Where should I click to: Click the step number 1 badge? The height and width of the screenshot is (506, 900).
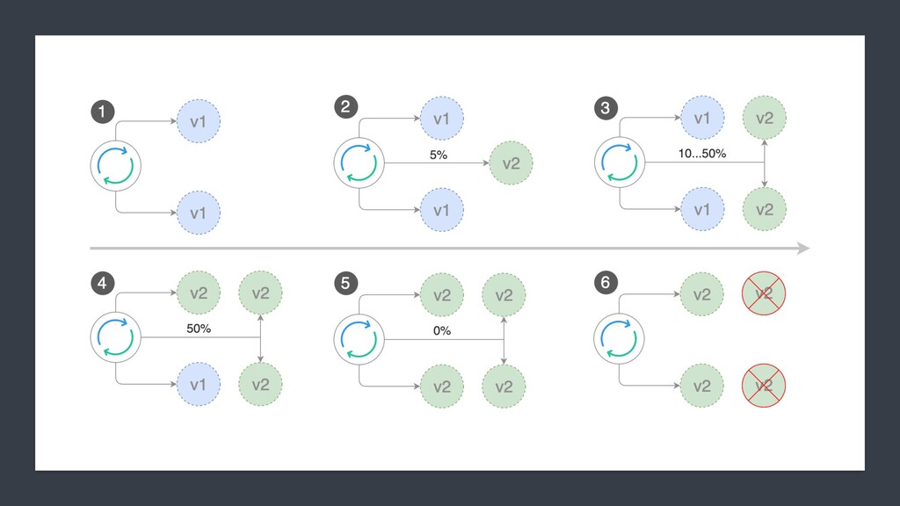click(102, 112)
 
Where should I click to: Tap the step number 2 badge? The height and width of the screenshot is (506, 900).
click(345, 107)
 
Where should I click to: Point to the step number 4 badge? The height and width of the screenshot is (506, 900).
click(102, 283)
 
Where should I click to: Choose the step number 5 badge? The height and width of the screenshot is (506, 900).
click(345, 283)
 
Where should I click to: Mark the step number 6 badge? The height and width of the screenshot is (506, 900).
click(605, 283)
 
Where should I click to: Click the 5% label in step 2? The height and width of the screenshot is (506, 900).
click(438, 155)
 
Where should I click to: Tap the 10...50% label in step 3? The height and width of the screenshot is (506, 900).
click(701, 155)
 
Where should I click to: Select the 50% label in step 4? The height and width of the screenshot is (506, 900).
click(199, 329)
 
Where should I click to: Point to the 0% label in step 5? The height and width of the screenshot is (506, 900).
click(441, 330)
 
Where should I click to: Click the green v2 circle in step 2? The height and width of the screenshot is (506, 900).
click(511, 163)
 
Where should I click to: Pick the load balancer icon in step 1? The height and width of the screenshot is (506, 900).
click(116, 163)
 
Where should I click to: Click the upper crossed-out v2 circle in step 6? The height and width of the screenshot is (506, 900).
click(763, 294)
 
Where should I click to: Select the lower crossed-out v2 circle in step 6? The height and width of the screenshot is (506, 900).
click(763, 385)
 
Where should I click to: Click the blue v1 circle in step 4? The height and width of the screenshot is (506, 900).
click(199, 385)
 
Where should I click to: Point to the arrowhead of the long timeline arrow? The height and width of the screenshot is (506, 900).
click(802, 249)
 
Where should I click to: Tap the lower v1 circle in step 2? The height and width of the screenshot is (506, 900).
click(441, 210)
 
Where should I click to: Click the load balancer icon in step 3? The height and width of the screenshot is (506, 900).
click(620, 163)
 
